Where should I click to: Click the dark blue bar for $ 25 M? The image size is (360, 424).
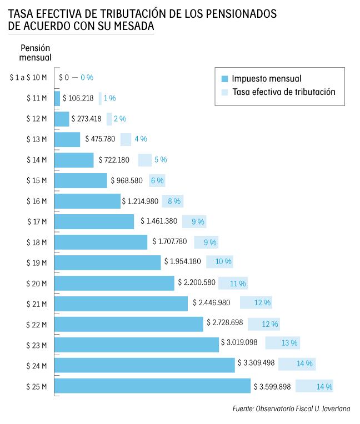152,386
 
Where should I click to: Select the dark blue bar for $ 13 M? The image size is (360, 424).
67,139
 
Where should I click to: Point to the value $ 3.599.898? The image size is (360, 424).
273,386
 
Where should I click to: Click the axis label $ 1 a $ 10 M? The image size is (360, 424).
28,78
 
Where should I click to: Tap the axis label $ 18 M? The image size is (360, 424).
37,242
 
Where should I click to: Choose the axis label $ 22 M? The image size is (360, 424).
37,324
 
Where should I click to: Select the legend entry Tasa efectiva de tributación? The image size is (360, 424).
283,92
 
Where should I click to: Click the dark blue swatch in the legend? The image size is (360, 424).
224,79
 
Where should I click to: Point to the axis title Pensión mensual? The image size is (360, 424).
36,52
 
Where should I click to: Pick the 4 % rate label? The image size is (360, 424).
140,139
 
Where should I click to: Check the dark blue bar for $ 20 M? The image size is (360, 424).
114,283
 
